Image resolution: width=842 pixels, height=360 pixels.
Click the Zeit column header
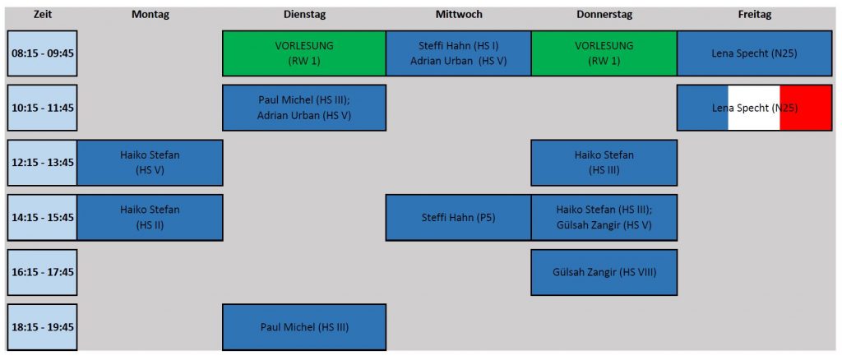coord(42,15)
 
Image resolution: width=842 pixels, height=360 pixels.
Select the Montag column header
coord(150,15)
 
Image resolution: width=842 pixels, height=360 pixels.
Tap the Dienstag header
coord(304,15)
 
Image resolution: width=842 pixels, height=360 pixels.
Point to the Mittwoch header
coord(459,15)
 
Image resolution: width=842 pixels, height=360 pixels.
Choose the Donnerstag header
coord(604,15)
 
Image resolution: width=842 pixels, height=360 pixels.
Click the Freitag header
coord(755,15)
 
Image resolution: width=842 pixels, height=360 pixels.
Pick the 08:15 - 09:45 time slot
coord(43,53)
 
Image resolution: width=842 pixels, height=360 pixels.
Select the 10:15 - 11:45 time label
coord(43,108)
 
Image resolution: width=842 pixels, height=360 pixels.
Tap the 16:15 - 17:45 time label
coord(43,272)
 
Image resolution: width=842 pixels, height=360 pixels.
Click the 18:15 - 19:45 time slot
coord(43,327)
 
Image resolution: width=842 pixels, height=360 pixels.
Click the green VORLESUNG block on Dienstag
coord(304,53)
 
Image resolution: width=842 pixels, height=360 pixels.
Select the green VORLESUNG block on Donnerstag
coord(604,53)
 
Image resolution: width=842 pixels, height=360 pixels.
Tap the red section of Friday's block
coord(806,108)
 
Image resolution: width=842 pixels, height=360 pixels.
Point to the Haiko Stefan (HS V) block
coord(150,163)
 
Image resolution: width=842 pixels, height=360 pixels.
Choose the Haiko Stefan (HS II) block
coord(150,217)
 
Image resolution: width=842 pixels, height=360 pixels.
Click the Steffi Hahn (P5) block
coord(459,217)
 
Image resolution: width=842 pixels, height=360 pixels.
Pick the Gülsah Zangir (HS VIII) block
coord(604,272)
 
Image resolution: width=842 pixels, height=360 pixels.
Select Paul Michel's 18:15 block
coord(304,327)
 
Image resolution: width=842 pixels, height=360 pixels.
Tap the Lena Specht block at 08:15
coord(755,53)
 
